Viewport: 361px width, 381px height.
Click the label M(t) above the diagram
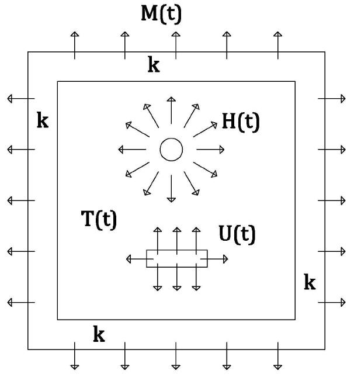pos(161,13)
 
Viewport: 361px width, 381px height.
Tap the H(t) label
pos(240,122)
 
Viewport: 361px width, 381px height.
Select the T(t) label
pos(98,220)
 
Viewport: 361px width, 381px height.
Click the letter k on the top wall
pos(154,65)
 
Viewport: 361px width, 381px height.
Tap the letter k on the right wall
pos(310,283)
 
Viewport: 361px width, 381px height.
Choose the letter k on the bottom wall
pos(99,335)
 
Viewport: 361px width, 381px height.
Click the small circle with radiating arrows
pos(171,150)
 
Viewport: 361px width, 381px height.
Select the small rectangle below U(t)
pos(176,258)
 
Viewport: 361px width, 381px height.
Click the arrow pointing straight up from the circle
pos(171,109)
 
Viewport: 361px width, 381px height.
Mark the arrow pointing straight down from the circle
pos(171,190)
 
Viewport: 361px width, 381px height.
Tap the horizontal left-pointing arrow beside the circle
pos(131,150)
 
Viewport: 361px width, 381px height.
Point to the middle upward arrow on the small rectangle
pos(177,238)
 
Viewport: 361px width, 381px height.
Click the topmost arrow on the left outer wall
pos(20,99)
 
